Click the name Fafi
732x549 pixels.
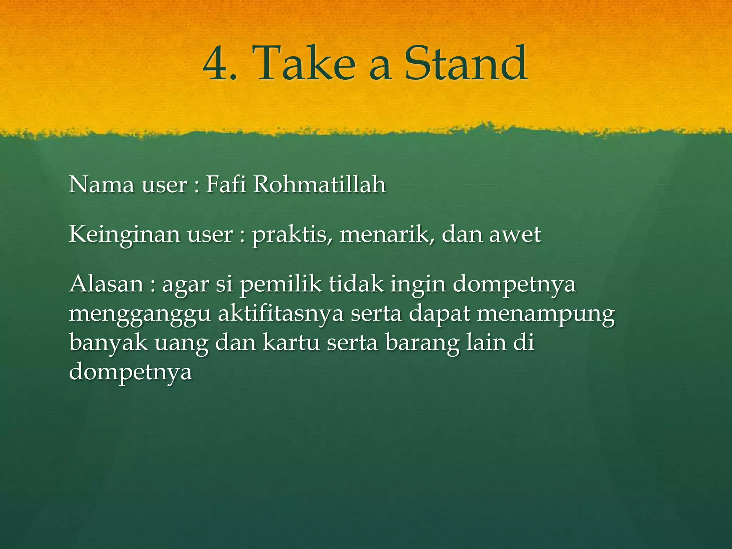[226, 185]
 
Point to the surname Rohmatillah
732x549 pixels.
[320, 185]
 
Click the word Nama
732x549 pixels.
[101, 185]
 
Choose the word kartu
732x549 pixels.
[291, 342]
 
